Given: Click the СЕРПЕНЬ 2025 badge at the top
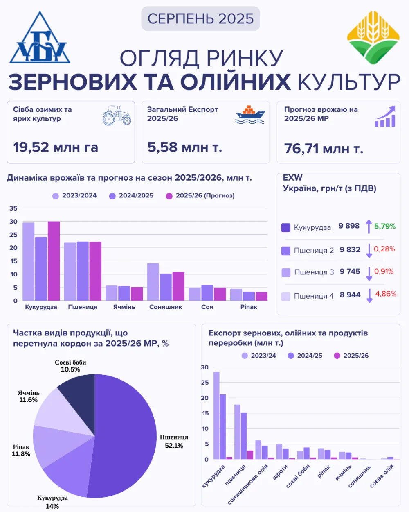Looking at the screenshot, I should [x=200, y=18].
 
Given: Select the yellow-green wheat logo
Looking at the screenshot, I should [x=373, y=38].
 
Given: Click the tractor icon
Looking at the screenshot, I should [x=117, y=115].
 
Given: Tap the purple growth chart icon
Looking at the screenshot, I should [x=385, y=116].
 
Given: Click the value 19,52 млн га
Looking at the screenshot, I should [x=56, y=147].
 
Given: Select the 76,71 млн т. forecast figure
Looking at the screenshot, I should [x=324, y=148].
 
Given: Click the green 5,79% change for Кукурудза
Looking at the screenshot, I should [x=384, y=226].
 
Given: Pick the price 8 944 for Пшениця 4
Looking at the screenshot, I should [x=350, y=295].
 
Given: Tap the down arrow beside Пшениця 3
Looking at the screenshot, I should [x=369, y=273].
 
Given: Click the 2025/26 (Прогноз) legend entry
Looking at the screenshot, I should [x=200, y=196].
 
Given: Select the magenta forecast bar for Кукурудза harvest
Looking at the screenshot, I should [x=54, y=261].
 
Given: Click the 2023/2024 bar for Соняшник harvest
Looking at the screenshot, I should [x=153, y=282].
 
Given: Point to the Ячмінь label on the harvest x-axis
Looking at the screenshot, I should [x=124, y=307].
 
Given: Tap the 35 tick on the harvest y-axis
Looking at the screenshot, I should [x=13, y=208].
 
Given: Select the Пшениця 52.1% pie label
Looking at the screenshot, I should [x=174, y=441].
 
